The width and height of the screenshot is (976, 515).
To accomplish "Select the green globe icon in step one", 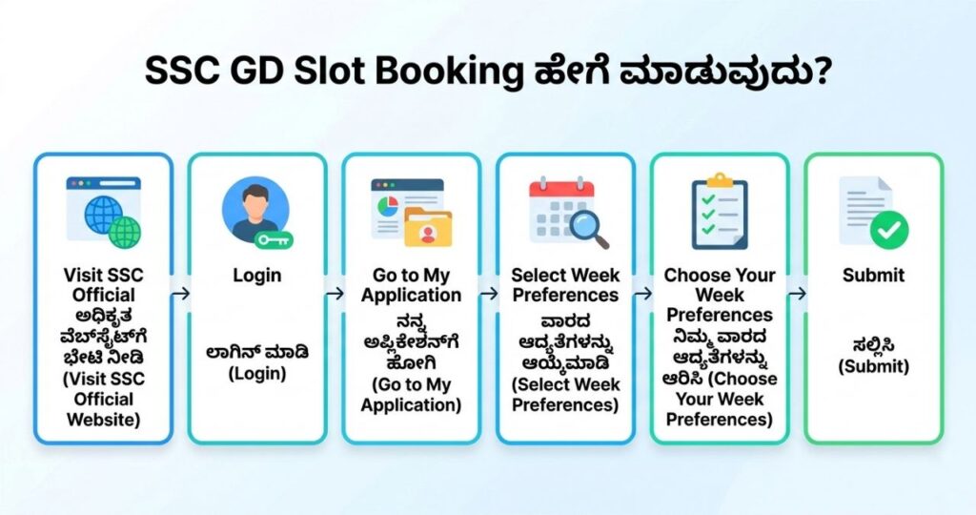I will click(124, 230).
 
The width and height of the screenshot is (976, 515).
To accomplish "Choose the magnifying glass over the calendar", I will click(588, 227).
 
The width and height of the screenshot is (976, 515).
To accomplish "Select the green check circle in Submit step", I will click(889, 229).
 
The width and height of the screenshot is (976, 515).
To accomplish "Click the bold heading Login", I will click(256, 276).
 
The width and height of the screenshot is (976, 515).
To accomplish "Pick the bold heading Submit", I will click(874, 276).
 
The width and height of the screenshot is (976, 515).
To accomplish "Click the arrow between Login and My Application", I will click(334, 295).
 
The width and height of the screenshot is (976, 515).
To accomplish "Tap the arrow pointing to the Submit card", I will click(797, 295).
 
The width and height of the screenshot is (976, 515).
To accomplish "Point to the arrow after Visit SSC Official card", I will click(179, 295).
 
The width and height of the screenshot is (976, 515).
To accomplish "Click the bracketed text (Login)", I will click(256, 373).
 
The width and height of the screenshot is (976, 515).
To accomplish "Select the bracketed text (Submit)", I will click(874, 366).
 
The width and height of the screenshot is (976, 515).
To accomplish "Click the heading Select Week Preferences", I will click(565, 284).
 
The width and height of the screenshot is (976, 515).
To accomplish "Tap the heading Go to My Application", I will click(411, 284).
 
